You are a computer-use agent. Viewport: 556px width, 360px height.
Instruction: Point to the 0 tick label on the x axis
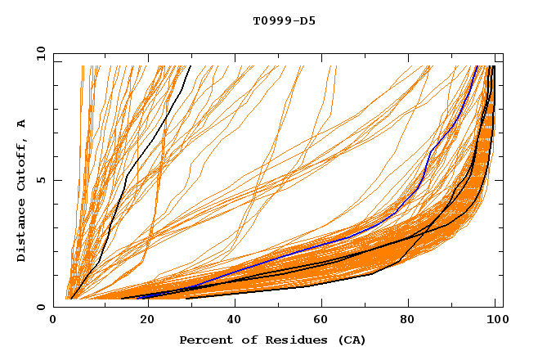click(54, 321)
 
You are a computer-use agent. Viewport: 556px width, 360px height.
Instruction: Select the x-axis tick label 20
click(142, 321)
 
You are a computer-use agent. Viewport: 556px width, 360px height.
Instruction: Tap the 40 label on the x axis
click(231, 321)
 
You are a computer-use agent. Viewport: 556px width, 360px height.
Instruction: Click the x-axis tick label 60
click(319, 321)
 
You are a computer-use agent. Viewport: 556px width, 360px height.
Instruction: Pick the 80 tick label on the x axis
click(407, 321)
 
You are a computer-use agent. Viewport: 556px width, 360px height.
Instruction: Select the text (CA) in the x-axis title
click(350, 340)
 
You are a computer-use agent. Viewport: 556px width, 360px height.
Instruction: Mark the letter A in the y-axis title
click(22, 123)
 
